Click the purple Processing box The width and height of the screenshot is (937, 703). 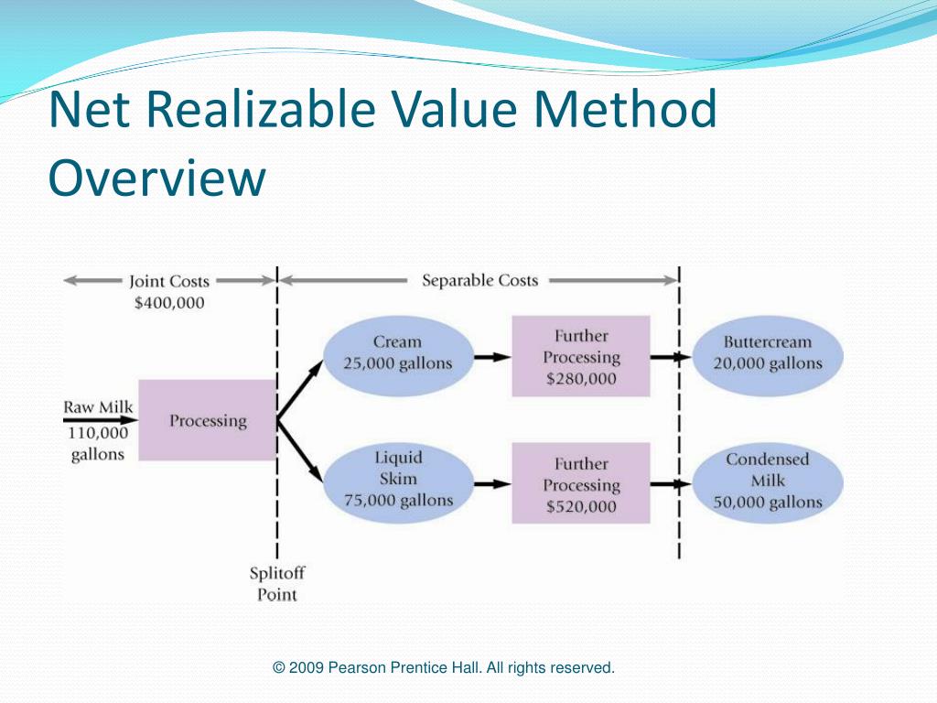[207, 420]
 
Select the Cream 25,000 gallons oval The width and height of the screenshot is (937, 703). [398, 353]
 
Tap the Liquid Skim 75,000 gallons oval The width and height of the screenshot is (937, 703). [398, 479]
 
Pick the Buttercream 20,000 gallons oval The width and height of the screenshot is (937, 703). [768, 353]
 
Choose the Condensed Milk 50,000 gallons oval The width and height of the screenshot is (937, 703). [768, 481]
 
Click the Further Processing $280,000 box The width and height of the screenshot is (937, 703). [581, 357]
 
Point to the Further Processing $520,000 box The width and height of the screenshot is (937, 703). [581, 484]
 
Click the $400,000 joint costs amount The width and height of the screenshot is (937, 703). [169, 303]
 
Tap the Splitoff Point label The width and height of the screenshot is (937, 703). [276, 584]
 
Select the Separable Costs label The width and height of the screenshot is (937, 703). [479, 280]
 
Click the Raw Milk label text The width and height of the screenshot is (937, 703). [97, 407]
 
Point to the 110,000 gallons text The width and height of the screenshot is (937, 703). [97, 443]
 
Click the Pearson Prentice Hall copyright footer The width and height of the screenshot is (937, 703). [444, 668]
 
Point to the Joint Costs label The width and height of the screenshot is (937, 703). [169, 282]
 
